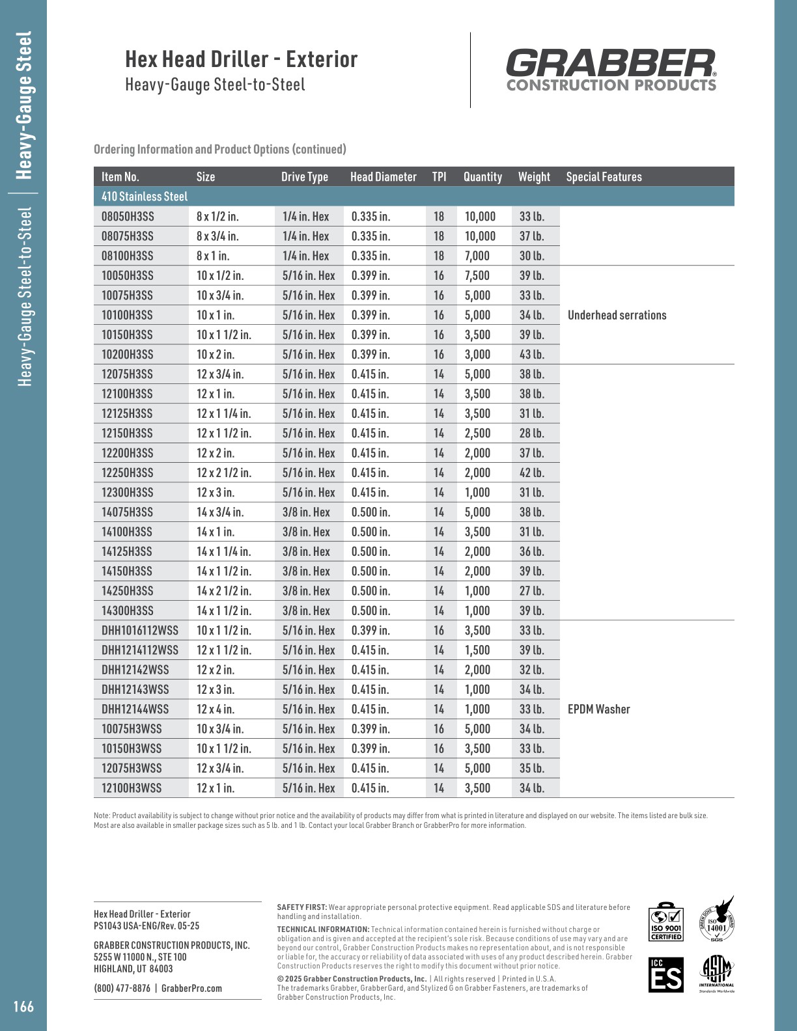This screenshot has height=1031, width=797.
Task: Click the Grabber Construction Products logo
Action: coord(611,70)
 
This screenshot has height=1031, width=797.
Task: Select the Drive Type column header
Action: coord(305,177)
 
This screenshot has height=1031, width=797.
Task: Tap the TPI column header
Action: coord(440,177)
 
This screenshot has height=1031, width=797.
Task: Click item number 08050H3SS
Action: coord(128,217)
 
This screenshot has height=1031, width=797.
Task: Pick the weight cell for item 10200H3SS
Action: coord(532,355)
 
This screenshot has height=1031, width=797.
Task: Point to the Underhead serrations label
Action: coord(617,316)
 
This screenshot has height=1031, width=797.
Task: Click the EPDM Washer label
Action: coord(598,709)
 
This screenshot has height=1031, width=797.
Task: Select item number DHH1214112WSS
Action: coord(139,650)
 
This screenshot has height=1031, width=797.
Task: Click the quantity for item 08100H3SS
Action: coord(477,256)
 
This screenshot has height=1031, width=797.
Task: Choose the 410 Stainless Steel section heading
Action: coord(145,197)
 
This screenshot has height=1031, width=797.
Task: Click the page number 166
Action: coord(23,1007)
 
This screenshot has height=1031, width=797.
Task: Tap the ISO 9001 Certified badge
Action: coord(665,922)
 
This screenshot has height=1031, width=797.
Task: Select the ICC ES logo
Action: coord(665,974)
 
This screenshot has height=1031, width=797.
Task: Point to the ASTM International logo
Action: coord(716,974)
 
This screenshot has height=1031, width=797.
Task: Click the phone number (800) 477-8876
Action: coord(122,988)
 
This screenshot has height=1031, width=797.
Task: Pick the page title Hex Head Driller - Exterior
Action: coord(242,60)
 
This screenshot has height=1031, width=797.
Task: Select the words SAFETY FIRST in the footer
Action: coord(301,907)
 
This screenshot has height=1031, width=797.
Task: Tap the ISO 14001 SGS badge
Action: coord(717,920)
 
